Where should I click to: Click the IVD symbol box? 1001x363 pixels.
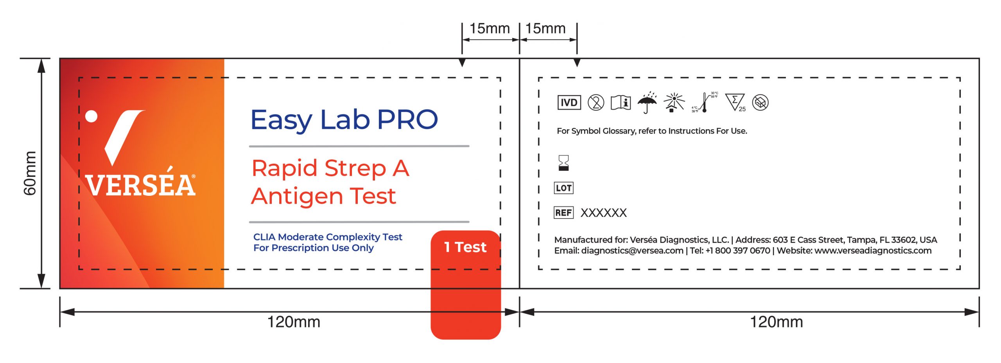click(569, 103)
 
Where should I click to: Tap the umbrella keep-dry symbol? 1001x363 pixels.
click(647, 103)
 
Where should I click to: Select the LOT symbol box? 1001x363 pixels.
click(563, 188)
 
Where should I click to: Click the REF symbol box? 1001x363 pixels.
click(563, 213)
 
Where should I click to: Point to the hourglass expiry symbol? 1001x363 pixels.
click(563, 163)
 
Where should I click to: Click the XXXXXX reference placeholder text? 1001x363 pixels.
click(603, 213)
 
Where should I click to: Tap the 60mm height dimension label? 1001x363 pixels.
click(30, 173)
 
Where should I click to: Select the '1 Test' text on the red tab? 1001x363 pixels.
click(465, 247)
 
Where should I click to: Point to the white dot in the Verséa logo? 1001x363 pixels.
click(91, 116)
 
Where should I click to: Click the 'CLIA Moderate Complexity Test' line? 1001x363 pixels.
click(328, 237)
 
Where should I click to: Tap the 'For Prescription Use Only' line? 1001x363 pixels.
click(314, 248)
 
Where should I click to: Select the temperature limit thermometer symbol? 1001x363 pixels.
click(704, 103)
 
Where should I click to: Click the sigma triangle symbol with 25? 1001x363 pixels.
click(735, 103)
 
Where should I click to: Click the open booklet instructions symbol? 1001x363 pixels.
click(621, 103)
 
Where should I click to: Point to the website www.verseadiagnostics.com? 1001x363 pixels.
click(873, 251)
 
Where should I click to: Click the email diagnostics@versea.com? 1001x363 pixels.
click(632, 251)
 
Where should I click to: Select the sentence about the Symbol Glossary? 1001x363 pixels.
click(652, 131)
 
